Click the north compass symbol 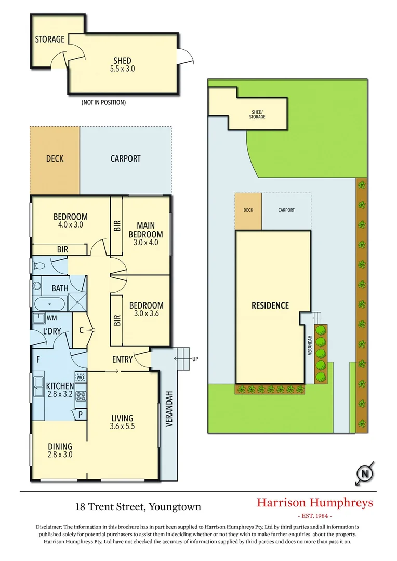tap(365, 473)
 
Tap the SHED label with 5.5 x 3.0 tap(122, 64)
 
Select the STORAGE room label tap(50, 39)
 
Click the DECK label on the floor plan tap(55, 158)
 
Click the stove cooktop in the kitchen tap(81, 396)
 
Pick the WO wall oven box tap(81, 378)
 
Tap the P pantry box tap(81, 414)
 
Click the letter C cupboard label tap(82, 329)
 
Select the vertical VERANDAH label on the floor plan tap(168, 409)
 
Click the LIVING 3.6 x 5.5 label tap(122, 422)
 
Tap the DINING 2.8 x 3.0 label tap(60, 450)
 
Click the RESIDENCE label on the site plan tap(270, 305)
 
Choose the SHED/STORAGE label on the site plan tap(257, 114)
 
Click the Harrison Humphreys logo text tap(315, 503)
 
